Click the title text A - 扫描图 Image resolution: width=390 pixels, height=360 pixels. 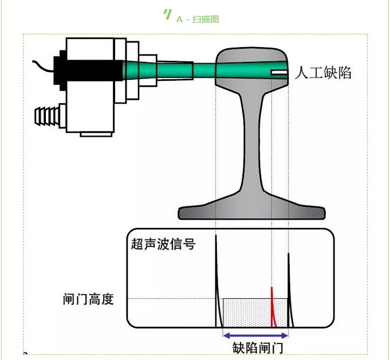pyautogui.click(x=198, y=19)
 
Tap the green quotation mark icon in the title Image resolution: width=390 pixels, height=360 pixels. pyautogui.click(x=167, y=14)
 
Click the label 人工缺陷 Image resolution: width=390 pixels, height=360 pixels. pyautogui.click(x=323, y=73)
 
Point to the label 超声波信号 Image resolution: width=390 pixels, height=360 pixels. pyautogui.click(x=163, y=244)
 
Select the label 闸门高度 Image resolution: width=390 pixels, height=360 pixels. pyautogui.click(x=88, y=299)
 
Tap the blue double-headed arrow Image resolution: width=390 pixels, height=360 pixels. pyautogui.click(x=254, y=335)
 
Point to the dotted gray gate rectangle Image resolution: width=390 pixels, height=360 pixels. pyautogui.click(x=246, y=312)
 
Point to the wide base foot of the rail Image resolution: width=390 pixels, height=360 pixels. pyautogui.click(x=252, y=209)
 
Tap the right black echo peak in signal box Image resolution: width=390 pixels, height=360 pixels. pyautogui.click(x=289, y=287)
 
